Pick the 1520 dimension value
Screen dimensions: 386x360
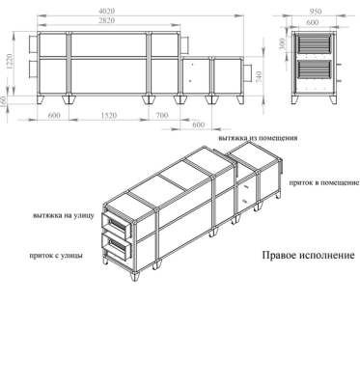pyautogui.click(x=110, y=115)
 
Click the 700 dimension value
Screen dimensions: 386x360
pyautogui.click(x=164, y=115)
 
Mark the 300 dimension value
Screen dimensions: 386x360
pyautogui.click(x=282, y=43)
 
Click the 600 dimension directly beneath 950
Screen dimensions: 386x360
pyautogui.click(x=316, y=21)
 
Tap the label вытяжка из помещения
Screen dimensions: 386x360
pyautogui.click(x=258, y=138)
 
